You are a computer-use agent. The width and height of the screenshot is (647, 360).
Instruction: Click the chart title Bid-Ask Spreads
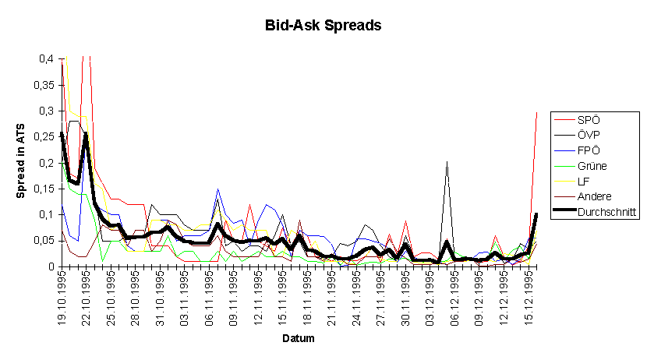323,25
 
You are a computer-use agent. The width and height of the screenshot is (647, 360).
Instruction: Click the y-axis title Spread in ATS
20,161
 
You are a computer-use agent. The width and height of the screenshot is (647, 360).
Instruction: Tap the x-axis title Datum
299,338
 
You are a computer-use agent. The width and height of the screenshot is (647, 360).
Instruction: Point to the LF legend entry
571,181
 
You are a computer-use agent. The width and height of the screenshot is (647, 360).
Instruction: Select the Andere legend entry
582,196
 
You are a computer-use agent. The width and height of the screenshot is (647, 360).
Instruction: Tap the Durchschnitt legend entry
595,211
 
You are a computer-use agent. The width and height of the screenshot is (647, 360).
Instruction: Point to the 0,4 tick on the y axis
46,59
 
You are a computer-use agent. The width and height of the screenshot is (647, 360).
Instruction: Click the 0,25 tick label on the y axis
44,137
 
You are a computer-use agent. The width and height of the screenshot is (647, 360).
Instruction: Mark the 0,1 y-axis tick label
46,215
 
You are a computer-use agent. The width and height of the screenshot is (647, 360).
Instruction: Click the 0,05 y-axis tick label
44,241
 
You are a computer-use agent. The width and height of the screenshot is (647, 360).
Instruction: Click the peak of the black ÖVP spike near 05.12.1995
447,162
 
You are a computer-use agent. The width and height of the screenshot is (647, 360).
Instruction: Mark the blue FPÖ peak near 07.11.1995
217,189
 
